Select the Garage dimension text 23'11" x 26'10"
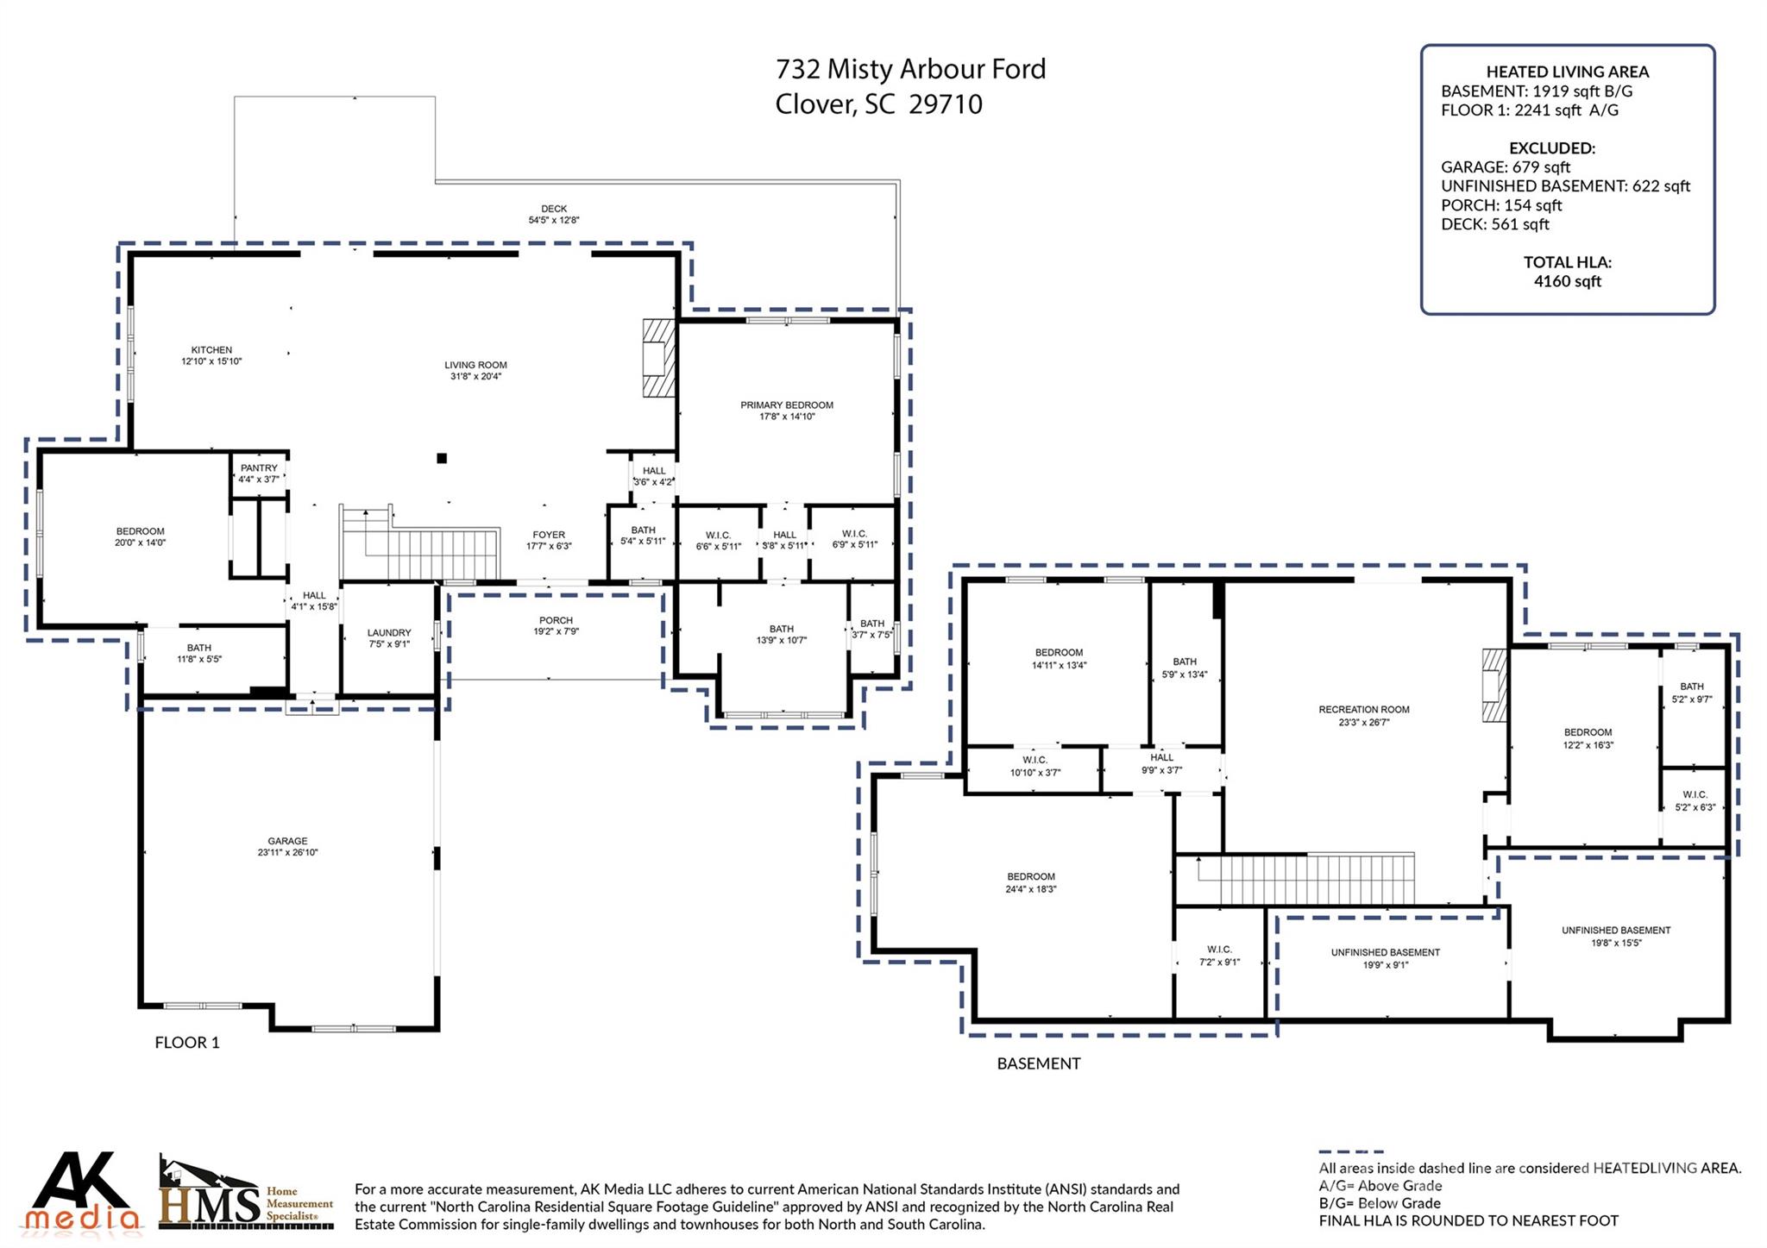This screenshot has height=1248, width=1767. point(287,852)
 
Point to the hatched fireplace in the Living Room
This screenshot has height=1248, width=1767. point(658,358)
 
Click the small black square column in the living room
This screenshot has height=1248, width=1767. point(442,458)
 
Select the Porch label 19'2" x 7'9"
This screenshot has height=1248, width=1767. point(556,626)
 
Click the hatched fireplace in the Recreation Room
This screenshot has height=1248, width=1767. point(1494,685)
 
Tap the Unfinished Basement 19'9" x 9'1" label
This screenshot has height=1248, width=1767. point(1385,958)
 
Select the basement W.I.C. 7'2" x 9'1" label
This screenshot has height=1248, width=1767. point(1219,956)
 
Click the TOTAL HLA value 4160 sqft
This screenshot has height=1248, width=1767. point(1567,281)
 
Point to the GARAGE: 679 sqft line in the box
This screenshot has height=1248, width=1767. point(1505,167)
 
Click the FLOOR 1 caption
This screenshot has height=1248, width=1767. point(187,1043)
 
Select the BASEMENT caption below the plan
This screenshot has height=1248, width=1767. point(1038,1063)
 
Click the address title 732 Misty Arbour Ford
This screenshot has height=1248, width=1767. point(910,69)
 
